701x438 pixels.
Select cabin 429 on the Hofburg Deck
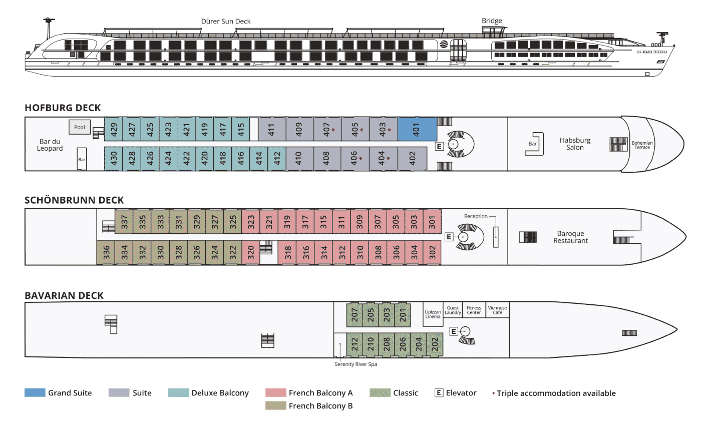[114, 129]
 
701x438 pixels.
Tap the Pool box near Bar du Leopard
[80, 127]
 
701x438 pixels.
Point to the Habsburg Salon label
[575, 144]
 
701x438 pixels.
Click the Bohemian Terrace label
[642, 145]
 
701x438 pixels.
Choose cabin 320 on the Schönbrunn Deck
[251, 252]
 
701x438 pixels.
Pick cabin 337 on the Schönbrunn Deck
[124, 222]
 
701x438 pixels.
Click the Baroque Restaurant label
[570, 237]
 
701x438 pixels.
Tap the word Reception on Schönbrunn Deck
[476, 216]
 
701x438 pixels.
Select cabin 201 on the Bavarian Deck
[403, 315]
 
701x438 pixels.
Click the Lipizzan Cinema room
[433, 314]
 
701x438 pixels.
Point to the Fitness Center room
[474, 310]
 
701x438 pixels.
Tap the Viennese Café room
[497, 310]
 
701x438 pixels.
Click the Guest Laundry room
[453, 310]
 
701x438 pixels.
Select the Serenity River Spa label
[356, 364]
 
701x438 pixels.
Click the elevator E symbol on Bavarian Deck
[454, 331]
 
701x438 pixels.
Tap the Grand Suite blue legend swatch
[35, 393]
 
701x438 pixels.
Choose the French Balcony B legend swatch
[276, 405]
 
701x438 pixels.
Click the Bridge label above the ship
[492, 21]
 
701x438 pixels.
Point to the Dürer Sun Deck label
[226, 22]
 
